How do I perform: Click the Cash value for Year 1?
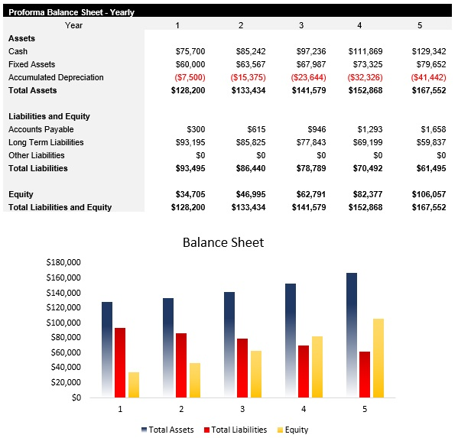[190, 51]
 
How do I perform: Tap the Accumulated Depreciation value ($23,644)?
[308, 77]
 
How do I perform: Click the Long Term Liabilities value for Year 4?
[372, 142]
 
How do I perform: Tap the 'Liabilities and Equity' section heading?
[49, 116]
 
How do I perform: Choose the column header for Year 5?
[419, 25]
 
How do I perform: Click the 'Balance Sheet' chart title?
[223, 242]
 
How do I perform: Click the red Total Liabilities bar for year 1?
[120, 362]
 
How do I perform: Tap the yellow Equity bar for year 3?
[256, 374]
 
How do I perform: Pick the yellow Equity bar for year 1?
[134, 384]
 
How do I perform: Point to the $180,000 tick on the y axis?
[63, 262]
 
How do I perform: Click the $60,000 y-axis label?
[66, 352]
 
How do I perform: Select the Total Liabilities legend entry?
[235, 430]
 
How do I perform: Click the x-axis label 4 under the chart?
[304, 410]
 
